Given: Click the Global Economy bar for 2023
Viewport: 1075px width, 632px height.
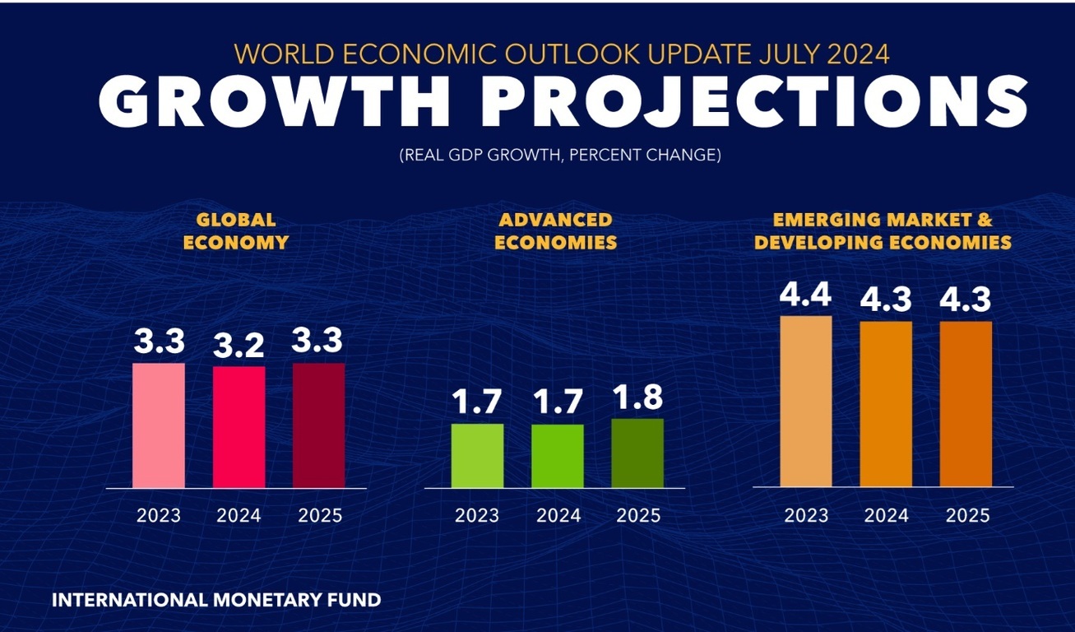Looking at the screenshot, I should (159, 425).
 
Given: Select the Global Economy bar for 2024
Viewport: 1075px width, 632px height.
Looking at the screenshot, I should (239, 427).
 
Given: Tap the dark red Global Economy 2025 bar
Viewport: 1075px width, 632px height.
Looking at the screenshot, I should (319, 425).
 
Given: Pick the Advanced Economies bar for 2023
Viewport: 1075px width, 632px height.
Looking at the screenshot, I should (477, 456).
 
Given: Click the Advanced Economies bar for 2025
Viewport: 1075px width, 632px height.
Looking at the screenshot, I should (637, 453).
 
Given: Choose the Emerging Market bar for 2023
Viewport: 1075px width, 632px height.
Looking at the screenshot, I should (806, 402).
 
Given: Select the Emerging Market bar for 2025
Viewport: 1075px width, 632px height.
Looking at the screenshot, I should (966, 404).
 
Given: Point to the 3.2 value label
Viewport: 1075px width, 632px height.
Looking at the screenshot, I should (239, 346).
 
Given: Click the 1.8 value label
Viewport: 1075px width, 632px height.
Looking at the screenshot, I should (638, 397).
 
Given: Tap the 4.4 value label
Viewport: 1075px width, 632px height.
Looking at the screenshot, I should (806, 295).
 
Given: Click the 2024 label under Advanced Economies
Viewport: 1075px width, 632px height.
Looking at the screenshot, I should (558, 516).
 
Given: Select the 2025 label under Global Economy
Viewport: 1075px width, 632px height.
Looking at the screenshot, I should (319, 516).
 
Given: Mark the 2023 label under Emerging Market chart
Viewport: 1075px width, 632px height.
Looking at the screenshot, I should (806, 516).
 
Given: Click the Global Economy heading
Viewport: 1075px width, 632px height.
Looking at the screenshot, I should (235, 231).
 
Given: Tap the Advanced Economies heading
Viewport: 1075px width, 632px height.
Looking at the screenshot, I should (556, 231).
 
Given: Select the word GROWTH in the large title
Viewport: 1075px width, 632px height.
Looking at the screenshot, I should (274, 102).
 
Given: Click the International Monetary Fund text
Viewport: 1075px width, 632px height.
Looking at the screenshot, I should (216, 600).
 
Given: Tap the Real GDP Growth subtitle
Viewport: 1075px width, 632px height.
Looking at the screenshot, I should (559, 155).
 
